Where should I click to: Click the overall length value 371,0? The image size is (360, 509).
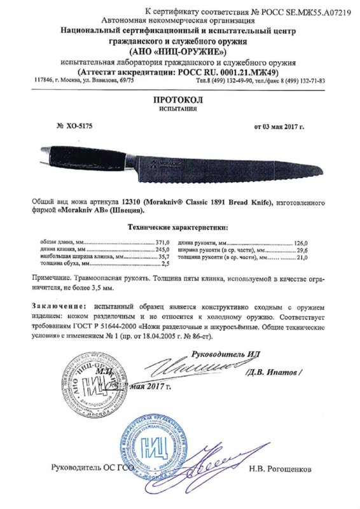tap(164, 244)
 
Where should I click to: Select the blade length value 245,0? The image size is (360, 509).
tap(164, 250)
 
